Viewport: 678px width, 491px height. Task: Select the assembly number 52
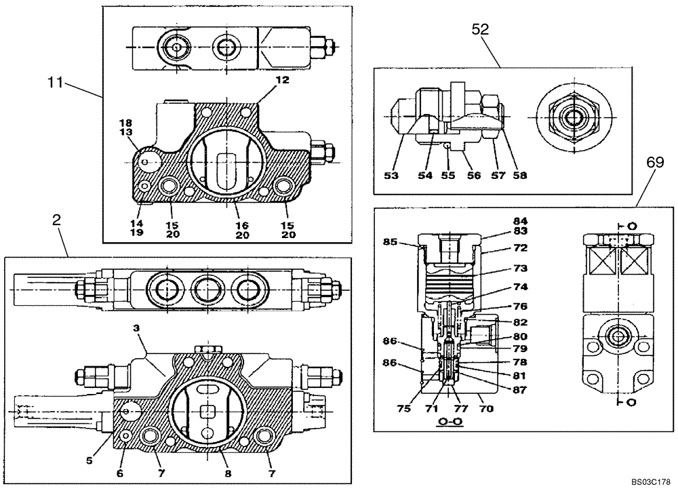point(481,29)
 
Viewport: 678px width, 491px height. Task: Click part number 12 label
point(282,79)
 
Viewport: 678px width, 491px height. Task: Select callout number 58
point(519,176)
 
